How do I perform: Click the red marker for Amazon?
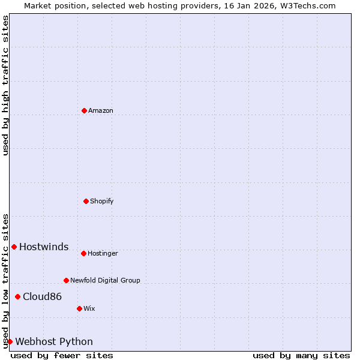[x=84, y=110]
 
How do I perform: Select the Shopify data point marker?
[x=86, y=201]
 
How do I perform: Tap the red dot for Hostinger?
[x=83, y=253]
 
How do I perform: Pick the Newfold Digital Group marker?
[x=66, y=280]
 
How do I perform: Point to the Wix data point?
[x=79, y=308]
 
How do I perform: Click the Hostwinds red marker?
[x=14, y=247]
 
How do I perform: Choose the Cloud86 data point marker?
[x=17, y=296]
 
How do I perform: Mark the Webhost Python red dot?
[x=10, y=341]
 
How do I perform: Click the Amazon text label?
[x=101, y=111]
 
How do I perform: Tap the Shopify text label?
[x=102, y=202]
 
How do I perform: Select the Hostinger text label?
[x=103, y=254]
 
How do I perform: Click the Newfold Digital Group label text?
[x=105, y=281]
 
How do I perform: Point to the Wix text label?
[x=89, y=309]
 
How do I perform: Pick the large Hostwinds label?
[x=44, y=247]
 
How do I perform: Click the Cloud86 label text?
[x=42, y=297]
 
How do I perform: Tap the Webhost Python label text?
[x=54, y=342]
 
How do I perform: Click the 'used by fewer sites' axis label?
[x=62, y=355]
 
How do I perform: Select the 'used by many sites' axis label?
[x=301, y=355]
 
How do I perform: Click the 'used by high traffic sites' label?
[x=5, y=85]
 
